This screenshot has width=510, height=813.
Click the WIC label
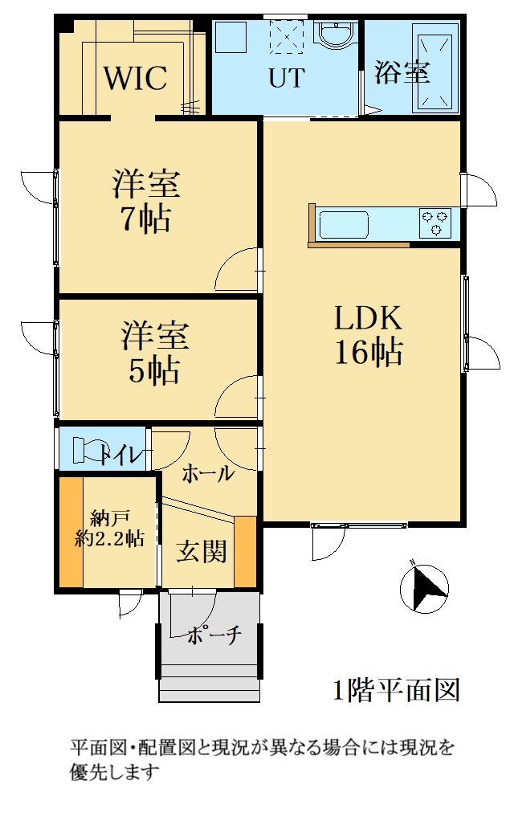136,78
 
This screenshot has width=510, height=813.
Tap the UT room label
286,78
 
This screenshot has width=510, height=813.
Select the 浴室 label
402,71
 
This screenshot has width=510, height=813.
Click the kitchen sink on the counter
343,223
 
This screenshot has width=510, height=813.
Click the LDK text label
368,318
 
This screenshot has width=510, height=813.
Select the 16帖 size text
369,352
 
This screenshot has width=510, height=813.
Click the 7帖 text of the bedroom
145,219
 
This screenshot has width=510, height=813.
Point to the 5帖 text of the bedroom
154,370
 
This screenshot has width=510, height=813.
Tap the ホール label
208,473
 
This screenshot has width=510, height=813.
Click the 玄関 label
202,551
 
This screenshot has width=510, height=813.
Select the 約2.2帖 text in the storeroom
109,539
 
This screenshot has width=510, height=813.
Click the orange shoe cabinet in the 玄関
245,551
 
